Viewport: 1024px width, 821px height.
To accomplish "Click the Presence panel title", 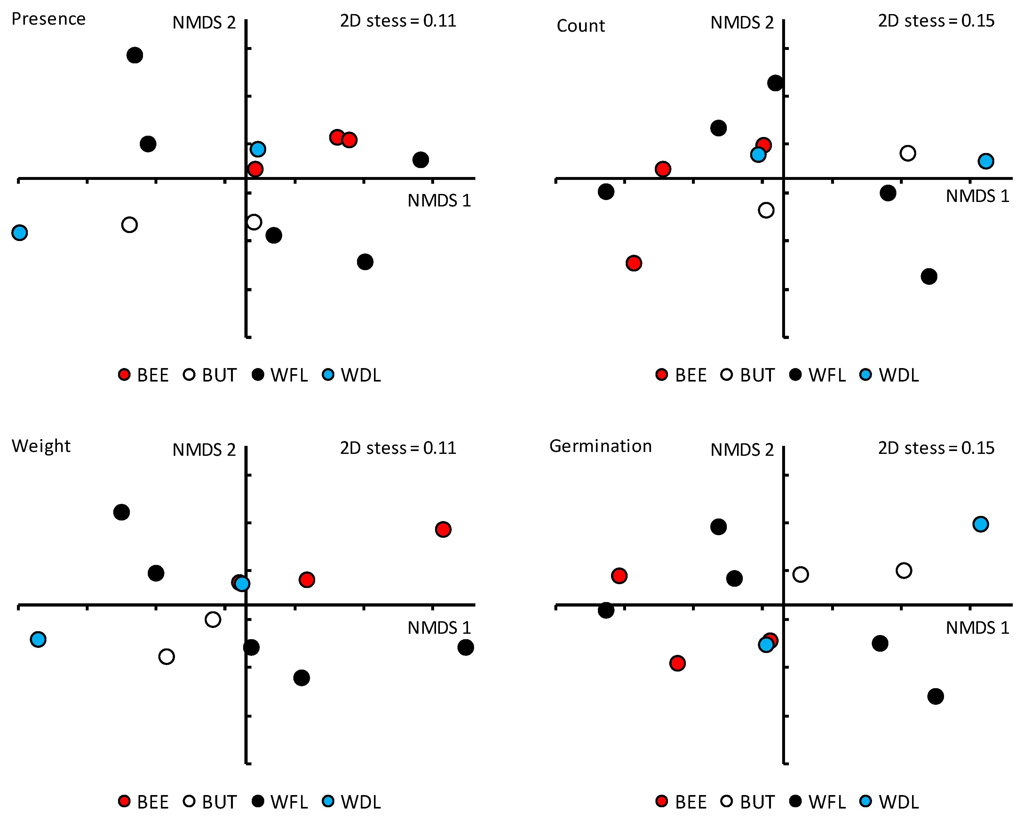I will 48,19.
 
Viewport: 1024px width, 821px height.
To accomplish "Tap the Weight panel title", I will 41,446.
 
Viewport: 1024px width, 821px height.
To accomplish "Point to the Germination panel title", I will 600,446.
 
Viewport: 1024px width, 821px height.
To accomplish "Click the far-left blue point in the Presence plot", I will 20,233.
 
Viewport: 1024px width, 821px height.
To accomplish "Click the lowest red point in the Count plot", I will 634,263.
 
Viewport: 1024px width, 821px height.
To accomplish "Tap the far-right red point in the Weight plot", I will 443,529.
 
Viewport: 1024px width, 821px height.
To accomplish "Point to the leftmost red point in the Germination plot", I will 619,576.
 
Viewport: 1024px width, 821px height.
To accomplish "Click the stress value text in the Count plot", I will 936,21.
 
